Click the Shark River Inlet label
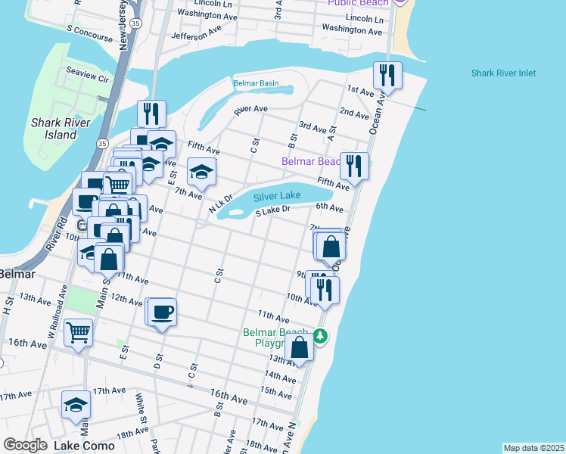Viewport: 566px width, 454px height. [503, 73]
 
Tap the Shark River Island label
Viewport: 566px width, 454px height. [61, 129]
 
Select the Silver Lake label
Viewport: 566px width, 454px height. [277, 195]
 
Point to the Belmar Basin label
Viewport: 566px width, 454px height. [256, 83]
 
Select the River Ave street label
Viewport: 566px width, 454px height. [251, 109]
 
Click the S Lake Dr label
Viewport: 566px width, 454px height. [273, 212]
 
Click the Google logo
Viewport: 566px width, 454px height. [25, 445]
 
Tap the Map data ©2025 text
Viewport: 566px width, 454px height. [533, 448]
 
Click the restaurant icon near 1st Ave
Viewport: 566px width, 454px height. [387, 75]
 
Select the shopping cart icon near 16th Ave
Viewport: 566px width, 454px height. [78, 332]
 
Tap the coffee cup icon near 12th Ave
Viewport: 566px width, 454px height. [162, 311]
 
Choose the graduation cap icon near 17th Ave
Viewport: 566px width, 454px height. [76, 405]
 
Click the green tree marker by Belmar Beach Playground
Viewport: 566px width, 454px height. [321, 336]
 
